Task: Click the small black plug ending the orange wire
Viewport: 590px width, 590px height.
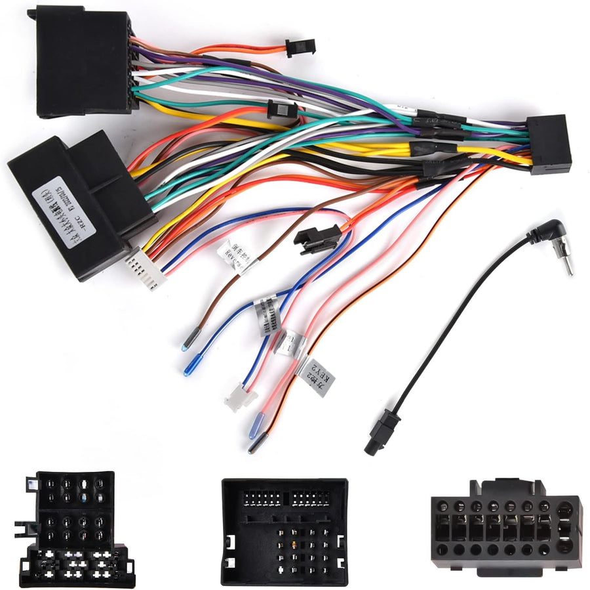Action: tap(300, 47)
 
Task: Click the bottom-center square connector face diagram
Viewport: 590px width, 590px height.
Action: tap(284, 531)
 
